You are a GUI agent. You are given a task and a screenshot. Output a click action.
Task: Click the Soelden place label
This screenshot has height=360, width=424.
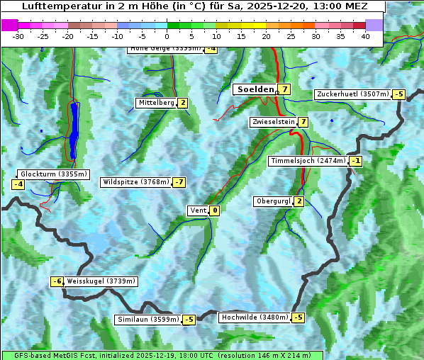coord(254,89)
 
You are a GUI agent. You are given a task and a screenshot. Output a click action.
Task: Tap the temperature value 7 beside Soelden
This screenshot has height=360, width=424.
coord(284,89)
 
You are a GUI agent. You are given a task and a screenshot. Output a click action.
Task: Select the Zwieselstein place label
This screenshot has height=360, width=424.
coord(273,122)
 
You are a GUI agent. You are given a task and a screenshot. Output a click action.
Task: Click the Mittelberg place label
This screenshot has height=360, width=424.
coord(156,103)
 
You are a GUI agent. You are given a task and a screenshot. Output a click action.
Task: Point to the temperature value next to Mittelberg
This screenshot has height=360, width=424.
coord(183,103)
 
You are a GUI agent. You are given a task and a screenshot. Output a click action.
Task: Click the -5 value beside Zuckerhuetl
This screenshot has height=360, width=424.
coord(398,94)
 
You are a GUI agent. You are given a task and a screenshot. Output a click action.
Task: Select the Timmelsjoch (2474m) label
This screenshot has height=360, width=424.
coord(308,161)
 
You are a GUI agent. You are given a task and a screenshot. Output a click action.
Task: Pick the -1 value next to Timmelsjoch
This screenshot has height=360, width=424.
coord(355,161)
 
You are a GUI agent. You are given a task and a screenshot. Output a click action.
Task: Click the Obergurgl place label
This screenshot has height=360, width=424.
coord(272,201)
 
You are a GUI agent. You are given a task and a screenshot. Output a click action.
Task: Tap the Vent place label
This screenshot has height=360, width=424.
coord(198,210)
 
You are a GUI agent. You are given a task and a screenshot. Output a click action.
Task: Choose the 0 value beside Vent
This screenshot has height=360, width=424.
coord(215,210)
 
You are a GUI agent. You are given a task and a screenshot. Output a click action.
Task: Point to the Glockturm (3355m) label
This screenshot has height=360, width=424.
coord(53,174)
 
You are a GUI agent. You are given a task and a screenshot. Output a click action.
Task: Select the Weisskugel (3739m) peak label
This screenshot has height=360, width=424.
coord(101,281)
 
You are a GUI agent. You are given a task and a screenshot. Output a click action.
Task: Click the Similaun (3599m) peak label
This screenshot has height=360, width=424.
coord(147,320)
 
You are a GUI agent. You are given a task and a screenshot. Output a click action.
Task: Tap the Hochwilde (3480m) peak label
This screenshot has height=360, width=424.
coord(254,317)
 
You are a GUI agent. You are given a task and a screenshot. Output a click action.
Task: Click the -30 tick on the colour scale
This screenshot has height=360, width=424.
coord(18,35)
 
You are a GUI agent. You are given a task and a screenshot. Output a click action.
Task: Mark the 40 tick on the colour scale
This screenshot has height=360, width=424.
coord(365,35)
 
